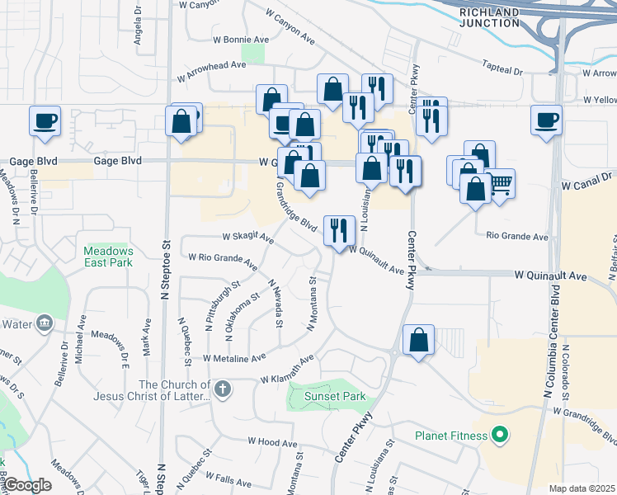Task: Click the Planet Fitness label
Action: tap(451, 435)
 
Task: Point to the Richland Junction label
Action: tap(490, 17)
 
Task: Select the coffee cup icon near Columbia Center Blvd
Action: tap(546, 120)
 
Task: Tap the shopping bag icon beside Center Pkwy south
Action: tap(418, 340)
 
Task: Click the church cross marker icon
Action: tap(222, 388)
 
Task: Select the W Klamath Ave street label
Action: tap(287, 370)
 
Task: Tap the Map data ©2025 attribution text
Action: tap(582, 488)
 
